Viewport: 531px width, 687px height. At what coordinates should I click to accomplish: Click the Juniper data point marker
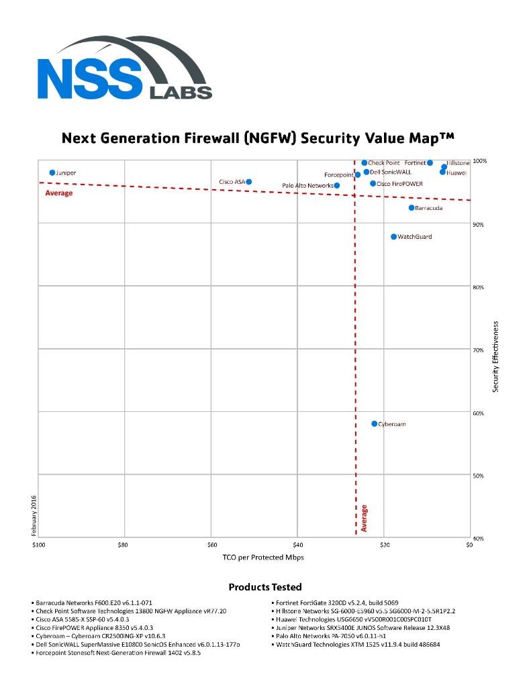(52, 172)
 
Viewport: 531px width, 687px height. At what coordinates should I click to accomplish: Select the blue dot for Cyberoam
(375, 423)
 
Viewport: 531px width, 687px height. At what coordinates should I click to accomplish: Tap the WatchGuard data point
(394, 236)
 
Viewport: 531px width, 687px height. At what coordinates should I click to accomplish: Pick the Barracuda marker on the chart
(412, 207)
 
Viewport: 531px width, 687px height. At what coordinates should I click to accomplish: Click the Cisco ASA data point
(248, 182)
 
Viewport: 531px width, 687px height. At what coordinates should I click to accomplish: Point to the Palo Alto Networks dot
(337, 185)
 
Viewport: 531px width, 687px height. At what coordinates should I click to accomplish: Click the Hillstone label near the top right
(458, 163)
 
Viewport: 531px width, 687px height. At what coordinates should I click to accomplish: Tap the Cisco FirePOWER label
(399, 184)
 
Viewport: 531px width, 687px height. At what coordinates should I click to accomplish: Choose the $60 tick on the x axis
(211, 545)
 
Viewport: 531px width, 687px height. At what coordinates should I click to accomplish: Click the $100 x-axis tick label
(38, 545)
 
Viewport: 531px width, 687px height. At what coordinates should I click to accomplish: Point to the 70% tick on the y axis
(478, 350)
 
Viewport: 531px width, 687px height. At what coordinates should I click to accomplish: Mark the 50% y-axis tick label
(478, 476)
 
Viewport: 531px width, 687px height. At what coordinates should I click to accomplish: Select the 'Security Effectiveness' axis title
(496, 356)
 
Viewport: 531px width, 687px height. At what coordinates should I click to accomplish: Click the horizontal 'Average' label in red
(58, 193)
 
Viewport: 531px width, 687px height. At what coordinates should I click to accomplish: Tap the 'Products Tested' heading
(265, 587)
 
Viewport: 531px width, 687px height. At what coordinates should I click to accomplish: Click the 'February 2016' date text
(34, 515)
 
